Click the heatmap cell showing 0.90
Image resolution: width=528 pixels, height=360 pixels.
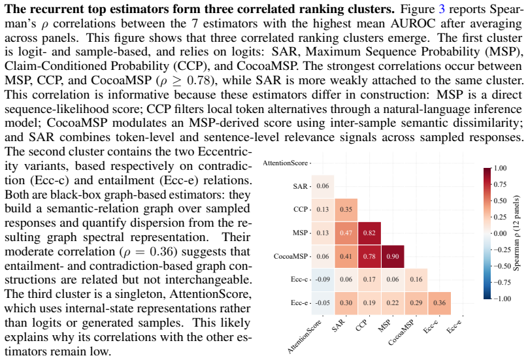coord(393,256)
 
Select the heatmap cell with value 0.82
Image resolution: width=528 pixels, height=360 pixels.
coord(369,233)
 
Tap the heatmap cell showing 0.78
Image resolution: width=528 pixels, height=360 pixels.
coord(369,256)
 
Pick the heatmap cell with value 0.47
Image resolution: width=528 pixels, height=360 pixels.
coord(346,233)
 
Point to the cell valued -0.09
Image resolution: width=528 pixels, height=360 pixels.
coord(323,280)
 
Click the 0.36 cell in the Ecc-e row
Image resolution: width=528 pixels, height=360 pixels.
coord(439,303)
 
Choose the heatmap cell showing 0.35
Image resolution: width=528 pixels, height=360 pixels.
coord(346,210)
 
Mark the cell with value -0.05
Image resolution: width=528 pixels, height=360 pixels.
coord(323,303)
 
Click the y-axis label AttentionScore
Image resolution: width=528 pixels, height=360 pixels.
coord(285,163)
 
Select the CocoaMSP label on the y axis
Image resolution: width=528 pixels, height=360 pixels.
coord(291,256)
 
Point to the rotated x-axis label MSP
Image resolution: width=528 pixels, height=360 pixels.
coord(384,325)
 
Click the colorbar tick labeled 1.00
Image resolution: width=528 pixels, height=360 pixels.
coord(500,168)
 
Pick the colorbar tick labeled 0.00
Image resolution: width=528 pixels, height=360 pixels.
coord(500,233)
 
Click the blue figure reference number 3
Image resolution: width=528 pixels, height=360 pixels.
coord(442,8)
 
